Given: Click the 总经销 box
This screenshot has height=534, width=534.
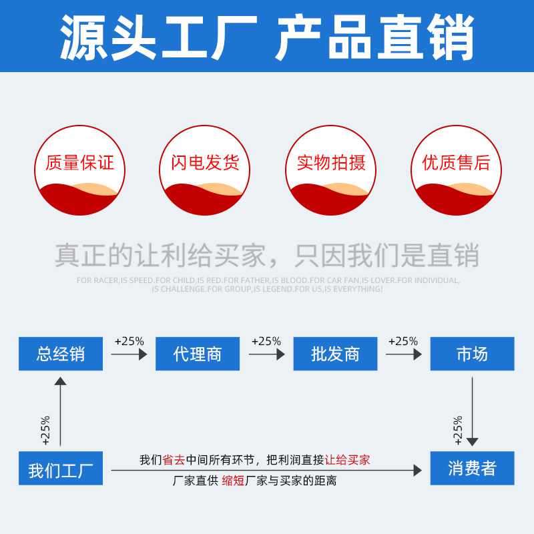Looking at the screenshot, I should [61, 354].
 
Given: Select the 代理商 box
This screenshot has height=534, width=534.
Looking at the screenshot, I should [197, 354].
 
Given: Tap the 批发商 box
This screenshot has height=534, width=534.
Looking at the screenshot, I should [335, 354].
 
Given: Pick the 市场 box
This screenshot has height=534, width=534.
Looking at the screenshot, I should [472, 354].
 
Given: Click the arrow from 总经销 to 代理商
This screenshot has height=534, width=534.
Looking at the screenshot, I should [129, 354].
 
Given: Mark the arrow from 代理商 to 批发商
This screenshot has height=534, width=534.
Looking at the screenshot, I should [266, 354].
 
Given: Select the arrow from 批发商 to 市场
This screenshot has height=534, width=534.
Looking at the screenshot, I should [403, 354].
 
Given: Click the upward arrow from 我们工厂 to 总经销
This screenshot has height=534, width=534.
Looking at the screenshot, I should [61, 411].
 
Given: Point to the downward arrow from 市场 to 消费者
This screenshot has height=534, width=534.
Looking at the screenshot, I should [473, 411].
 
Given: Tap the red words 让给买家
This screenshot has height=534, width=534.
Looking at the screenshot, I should [347, 460].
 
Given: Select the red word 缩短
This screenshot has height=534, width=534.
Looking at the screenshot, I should [233, 481].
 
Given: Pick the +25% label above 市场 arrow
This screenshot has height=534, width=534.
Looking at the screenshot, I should [403, 341].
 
